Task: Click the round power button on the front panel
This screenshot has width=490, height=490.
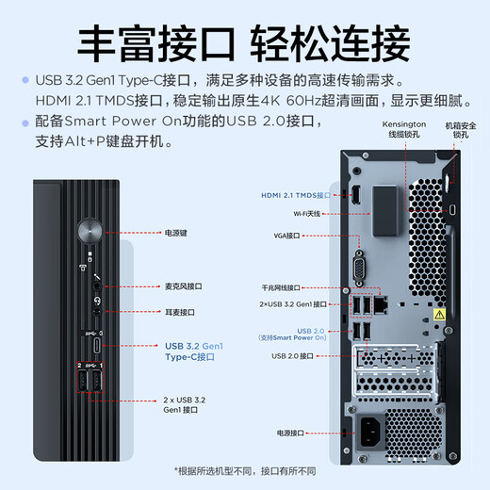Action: (x=90, y=230)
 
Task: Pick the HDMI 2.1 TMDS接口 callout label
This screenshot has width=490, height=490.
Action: (x=296, y=195)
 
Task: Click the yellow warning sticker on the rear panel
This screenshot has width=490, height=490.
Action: (x=438, y=313)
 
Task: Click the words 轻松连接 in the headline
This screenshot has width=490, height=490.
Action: (x=330, y=41)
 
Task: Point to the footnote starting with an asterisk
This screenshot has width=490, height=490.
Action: (x=245, y=470)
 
